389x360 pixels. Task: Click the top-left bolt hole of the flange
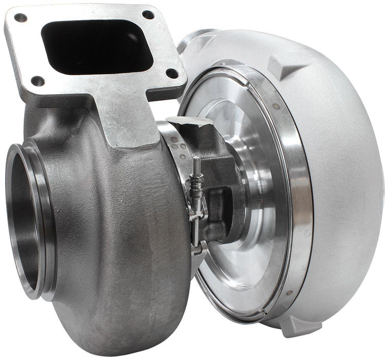pos(21,18)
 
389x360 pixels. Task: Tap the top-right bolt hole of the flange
pos(149,15)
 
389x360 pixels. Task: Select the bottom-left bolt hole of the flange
pos(38,81)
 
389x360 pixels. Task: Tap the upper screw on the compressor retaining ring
pos(276,106)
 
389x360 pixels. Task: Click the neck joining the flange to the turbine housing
pos(123,118)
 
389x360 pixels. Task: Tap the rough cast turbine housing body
pos(123,231)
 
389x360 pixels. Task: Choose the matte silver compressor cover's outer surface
pos(344,154)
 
